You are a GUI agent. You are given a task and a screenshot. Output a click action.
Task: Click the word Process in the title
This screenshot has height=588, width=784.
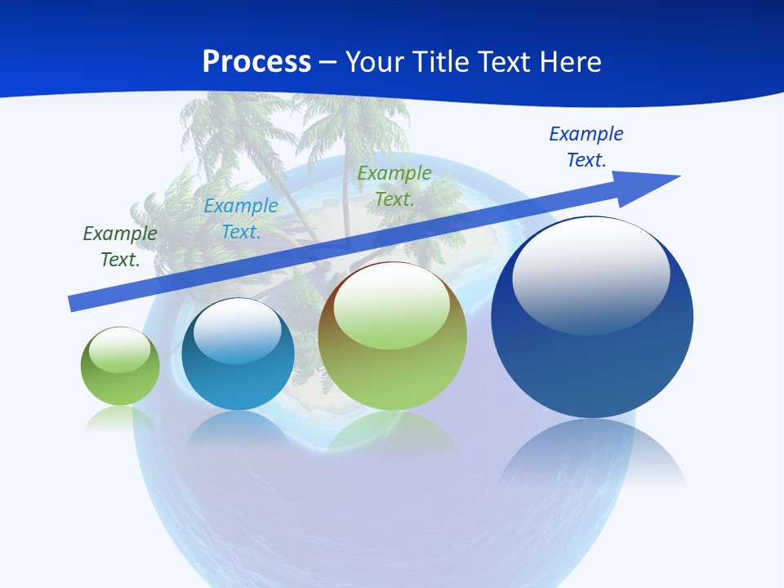[256, 62]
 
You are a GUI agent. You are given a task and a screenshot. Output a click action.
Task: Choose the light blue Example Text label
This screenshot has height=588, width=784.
[241, 219]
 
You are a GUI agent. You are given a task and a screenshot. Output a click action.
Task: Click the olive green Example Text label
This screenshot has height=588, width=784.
[394, 185]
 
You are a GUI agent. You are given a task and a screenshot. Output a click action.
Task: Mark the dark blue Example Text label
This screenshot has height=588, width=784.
[586, 146]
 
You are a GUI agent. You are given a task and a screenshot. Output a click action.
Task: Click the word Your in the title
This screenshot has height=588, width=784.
[376, 62]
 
